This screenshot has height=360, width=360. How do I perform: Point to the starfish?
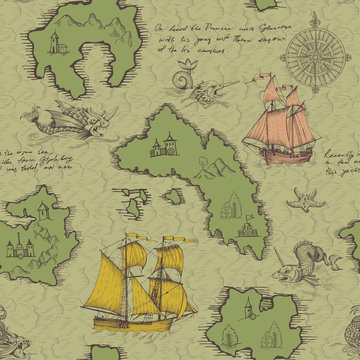click(x=301, y=200)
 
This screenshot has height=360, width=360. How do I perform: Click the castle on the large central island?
click(x=161, y=147)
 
